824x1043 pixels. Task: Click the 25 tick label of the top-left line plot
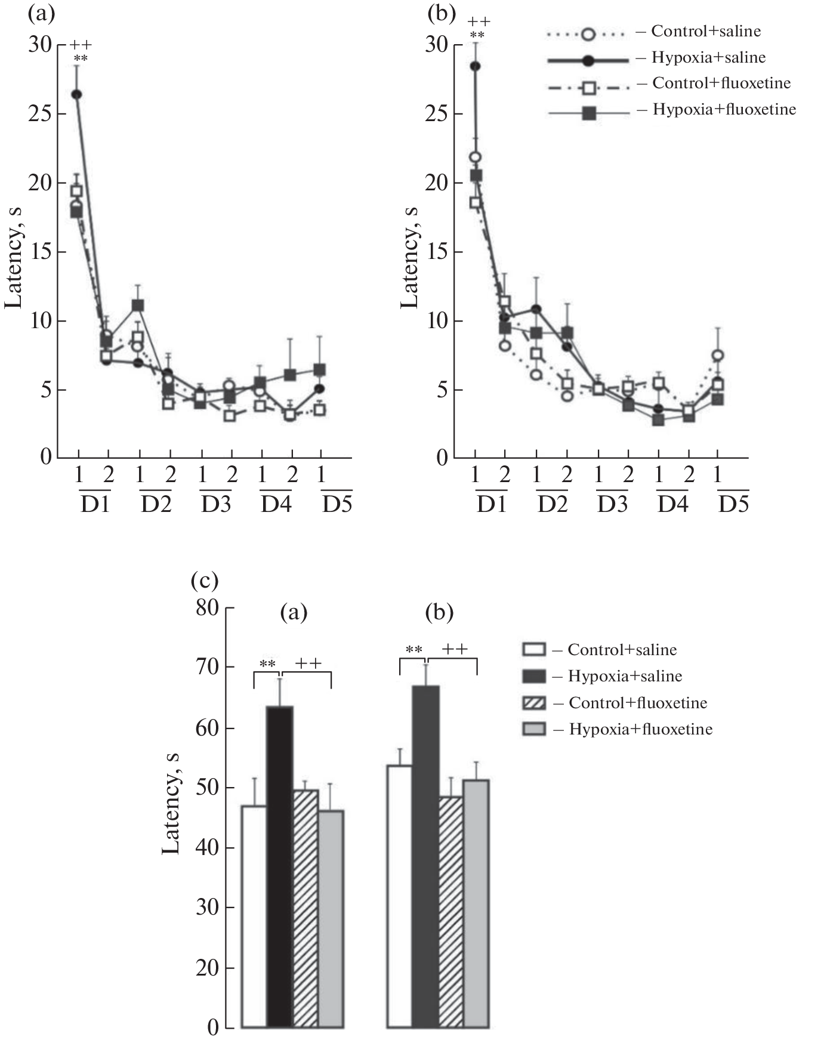[x=40, y=113]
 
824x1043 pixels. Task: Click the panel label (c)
[x=204, y=579]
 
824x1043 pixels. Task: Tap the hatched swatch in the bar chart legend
[x=534, y=703]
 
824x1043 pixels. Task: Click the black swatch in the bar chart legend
[x=534, y=676]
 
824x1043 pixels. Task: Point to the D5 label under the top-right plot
[x=733, y=505]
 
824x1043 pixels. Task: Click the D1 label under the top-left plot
[x=95, y=505]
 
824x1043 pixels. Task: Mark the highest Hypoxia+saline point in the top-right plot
[x=475, y=66]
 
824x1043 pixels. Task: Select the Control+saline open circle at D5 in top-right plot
[x=718, y=356]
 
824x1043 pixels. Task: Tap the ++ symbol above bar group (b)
[x=455, y=649]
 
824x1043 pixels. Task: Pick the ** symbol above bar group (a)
[x=267, y=664]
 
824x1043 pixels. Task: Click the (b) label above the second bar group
[x=439, y=612]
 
